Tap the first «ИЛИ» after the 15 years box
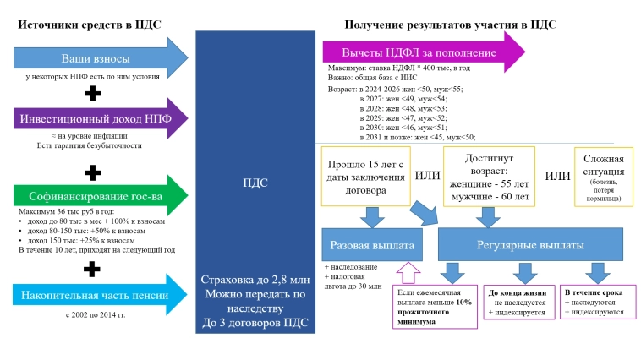tap(426, 176)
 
